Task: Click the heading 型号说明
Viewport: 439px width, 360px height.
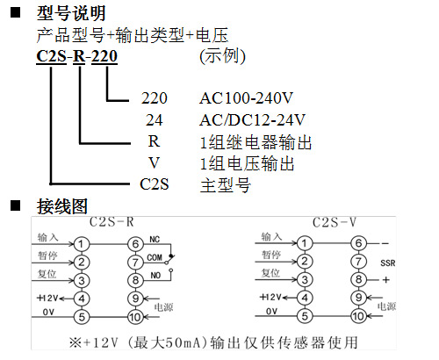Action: tap(71, 13)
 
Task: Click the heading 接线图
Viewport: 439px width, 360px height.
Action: tap(62, 206)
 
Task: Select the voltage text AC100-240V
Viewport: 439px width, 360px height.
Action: tap(246, 98)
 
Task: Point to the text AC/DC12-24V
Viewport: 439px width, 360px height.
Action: tap(252, 119)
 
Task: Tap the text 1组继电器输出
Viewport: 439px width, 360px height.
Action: tap(255, 142)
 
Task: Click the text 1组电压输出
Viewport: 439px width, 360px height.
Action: tap(248, 163)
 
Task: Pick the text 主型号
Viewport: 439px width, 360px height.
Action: tap(226, 185)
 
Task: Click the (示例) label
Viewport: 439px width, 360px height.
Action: tap(222, 55)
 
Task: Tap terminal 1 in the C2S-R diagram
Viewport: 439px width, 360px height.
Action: tap(81, 244)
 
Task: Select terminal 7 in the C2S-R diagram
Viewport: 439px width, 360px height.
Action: tap(135, 263)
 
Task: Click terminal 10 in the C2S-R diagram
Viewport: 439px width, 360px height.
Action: tap(135, 317)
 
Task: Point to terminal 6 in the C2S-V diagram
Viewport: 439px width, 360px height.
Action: tap(358, 243)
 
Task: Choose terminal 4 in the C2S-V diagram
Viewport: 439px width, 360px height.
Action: tap(305, 298)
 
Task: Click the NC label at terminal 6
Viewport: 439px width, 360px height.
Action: tap(155, 240)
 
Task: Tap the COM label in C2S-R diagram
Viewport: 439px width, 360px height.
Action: tap(155, 257)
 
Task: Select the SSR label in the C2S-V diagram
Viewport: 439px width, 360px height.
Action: tap(388, 263)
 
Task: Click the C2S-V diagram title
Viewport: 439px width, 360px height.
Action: tap(335, 222)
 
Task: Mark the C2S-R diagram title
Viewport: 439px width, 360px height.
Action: tap(112, 222)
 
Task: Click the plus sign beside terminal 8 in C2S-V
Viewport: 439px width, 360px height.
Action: tap(386, 280)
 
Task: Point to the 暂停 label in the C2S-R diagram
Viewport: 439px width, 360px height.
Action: tap(47, 256)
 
